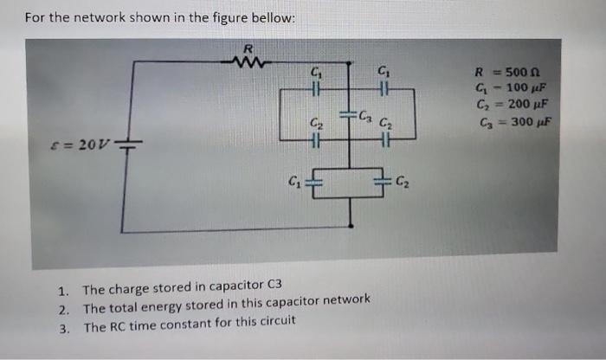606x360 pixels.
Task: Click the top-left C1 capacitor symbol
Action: tap(316, 88)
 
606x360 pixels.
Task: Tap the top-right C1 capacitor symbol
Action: tap(383, 88)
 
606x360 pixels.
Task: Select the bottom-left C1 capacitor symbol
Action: tap(313, 182)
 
